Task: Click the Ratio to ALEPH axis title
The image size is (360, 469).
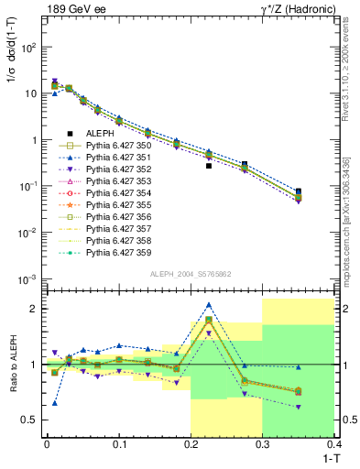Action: click(12, 364)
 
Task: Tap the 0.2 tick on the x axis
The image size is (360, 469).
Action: click(191, 443)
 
